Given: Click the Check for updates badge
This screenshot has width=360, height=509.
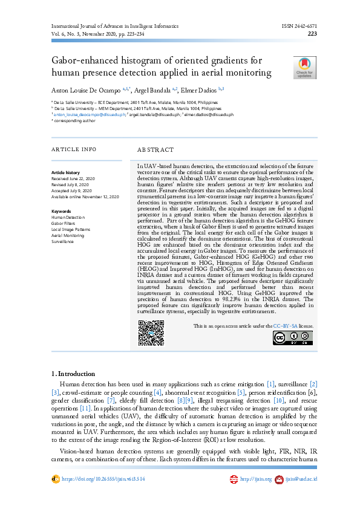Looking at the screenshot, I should click(304, 68).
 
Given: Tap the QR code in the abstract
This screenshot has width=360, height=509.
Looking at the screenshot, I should click(151, 333).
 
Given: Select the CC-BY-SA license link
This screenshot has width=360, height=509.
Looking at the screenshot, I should click(285, 326).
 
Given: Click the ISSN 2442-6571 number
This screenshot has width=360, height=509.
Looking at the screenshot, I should click(299, 27).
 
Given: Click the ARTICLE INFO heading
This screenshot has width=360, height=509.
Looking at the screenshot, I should click(73, 149).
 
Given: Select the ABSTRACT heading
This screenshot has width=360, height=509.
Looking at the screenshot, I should click(155, 149).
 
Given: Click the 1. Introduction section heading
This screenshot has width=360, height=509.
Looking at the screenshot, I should click(73, 374).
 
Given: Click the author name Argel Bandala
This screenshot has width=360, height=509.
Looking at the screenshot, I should click(154, 90).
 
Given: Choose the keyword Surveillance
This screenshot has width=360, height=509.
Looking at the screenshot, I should click(62, 241).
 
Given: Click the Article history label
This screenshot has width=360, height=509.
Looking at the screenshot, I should click(65, 173).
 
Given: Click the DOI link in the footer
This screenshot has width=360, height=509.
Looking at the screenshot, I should click(103, 479).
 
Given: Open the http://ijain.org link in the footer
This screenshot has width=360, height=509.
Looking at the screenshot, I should click(253, 479).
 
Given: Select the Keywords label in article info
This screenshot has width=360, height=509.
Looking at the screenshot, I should click(61, 211).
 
